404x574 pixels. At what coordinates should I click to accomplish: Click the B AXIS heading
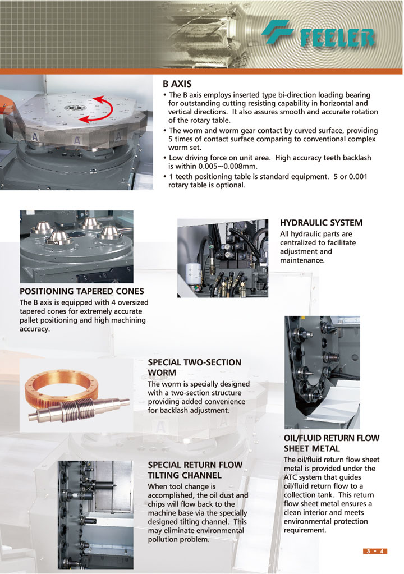(177, 84)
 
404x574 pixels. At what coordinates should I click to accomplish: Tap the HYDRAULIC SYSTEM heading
(321, 223)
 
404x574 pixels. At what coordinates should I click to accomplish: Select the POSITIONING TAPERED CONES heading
(82, 291)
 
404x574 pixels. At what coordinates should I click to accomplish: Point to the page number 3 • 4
(374, 551)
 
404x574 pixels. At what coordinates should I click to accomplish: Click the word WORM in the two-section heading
(162, 373)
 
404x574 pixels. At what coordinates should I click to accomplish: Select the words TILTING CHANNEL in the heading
(185, 475)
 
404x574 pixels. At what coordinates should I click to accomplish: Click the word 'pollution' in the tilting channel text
(164, 540)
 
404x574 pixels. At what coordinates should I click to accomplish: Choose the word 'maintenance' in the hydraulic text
(302, 261)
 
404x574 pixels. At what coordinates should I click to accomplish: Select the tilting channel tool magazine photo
(95, 514)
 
